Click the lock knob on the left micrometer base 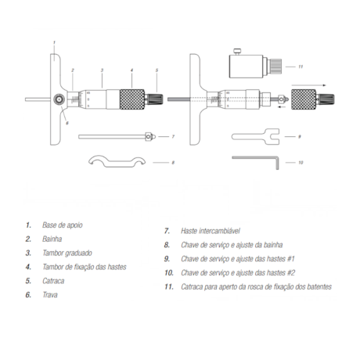(x=59, y=99)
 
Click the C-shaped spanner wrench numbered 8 (x=117, y=163)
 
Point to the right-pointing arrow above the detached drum (x=309, y=85)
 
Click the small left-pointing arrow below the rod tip (x=280, y=107)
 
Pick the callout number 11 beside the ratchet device (x=301, y=67)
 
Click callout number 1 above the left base (x=54, y=42)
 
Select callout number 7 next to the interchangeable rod (x=173, y=136)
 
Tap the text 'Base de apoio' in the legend (x=63, y=225)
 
